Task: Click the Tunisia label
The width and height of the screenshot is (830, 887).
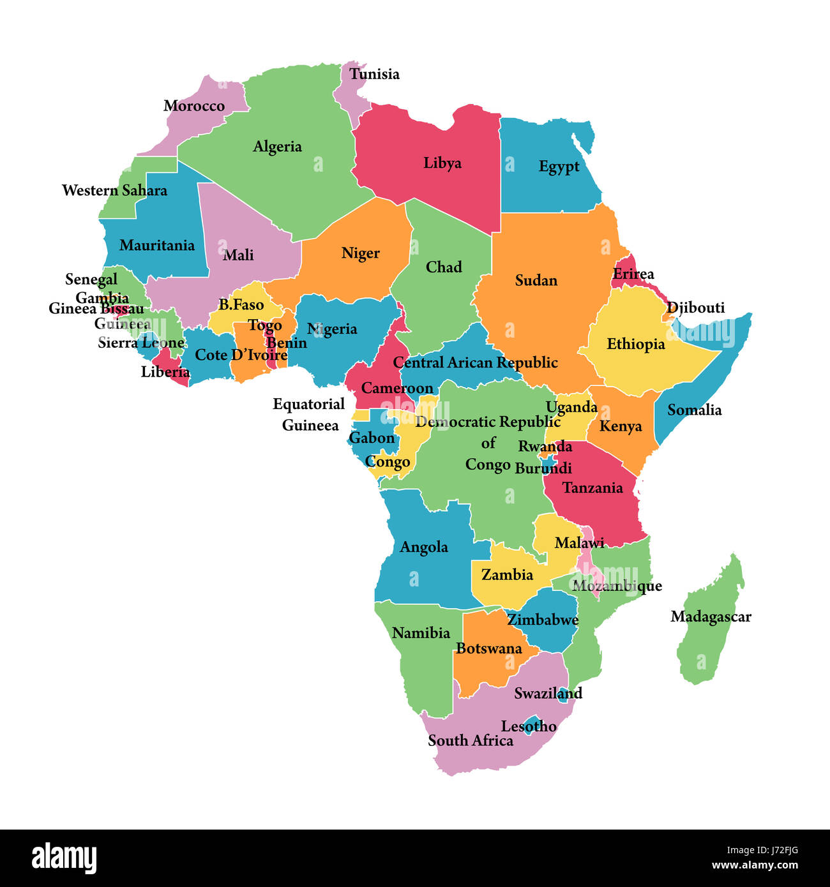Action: (374, 74)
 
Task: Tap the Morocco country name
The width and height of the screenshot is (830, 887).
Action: (194, 106)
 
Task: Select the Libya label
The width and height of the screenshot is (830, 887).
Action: (442, 163)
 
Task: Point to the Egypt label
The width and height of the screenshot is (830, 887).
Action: (559, 167)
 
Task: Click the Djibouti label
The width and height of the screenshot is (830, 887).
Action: (696, 308)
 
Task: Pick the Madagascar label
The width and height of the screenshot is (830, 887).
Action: (711, 617)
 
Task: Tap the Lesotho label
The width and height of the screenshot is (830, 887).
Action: (529, 727)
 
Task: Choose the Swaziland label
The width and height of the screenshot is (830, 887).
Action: (548, 694)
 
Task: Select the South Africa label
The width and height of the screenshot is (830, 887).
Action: (471, 741)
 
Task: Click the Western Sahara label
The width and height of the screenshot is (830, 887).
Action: (114, 191)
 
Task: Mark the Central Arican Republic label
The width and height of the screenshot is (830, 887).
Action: (475, 363)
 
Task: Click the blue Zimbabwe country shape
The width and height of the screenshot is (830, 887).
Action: (549, 635)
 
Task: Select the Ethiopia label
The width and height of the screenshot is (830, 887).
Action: (635, 345)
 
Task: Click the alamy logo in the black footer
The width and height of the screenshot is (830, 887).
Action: (64, 858)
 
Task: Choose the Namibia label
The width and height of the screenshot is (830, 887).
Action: (421, 633)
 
